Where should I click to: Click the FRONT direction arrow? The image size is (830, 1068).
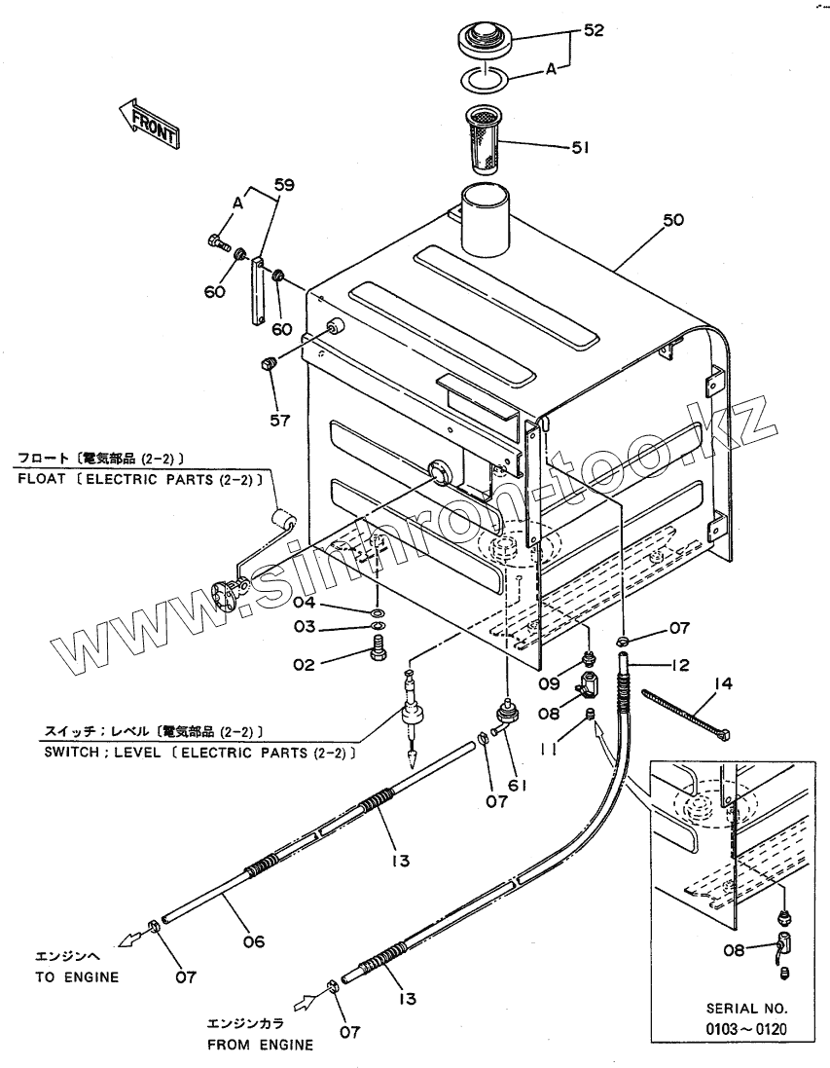[149, 122]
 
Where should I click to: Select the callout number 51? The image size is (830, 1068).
[581, 148]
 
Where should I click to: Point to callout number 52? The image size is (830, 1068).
[593, 30]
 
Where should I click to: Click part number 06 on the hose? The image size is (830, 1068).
[253, 940]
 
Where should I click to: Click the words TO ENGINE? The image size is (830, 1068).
[77, 977]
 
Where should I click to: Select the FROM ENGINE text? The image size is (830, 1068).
[260, 1046]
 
